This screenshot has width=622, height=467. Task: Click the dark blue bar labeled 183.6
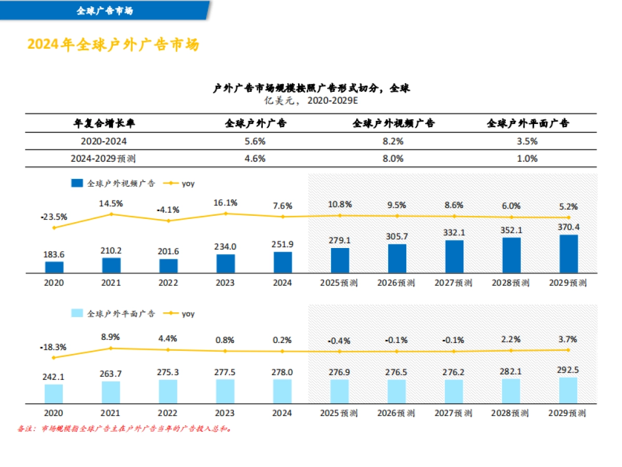pos(54,267)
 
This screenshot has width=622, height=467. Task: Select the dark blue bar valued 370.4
pos(569,254)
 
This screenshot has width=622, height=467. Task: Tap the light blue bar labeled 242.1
pos(54,393)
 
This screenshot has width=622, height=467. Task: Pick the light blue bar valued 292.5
pos(568,390)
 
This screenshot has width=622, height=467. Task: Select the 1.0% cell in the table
pos(527,159)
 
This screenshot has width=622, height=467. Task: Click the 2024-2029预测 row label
pos(103,159)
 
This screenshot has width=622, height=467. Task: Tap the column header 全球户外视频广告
pos(393,123)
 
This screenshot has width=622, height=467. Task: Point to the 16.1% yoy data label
pos(225,203)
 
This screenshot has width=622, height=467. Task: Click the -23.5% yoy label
pos(54,217)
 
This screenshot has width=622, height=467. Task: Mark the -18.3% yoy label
pos(54,347)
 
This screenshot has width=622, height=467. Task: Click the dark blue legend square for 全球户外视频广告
pos(77,183)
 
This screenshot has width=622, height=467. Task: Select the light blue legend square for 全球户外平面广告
pos(77,313)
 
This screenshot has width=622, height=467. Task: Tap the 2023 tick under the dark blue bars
pos(225,283)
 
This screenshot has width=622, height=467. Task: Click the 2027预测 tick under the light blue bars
pos(454,413)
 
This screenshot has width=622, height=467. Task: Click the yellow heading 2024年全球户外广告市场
pos(113,45)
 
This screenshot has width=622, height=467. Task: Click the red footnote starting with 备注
pos(124,429)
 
